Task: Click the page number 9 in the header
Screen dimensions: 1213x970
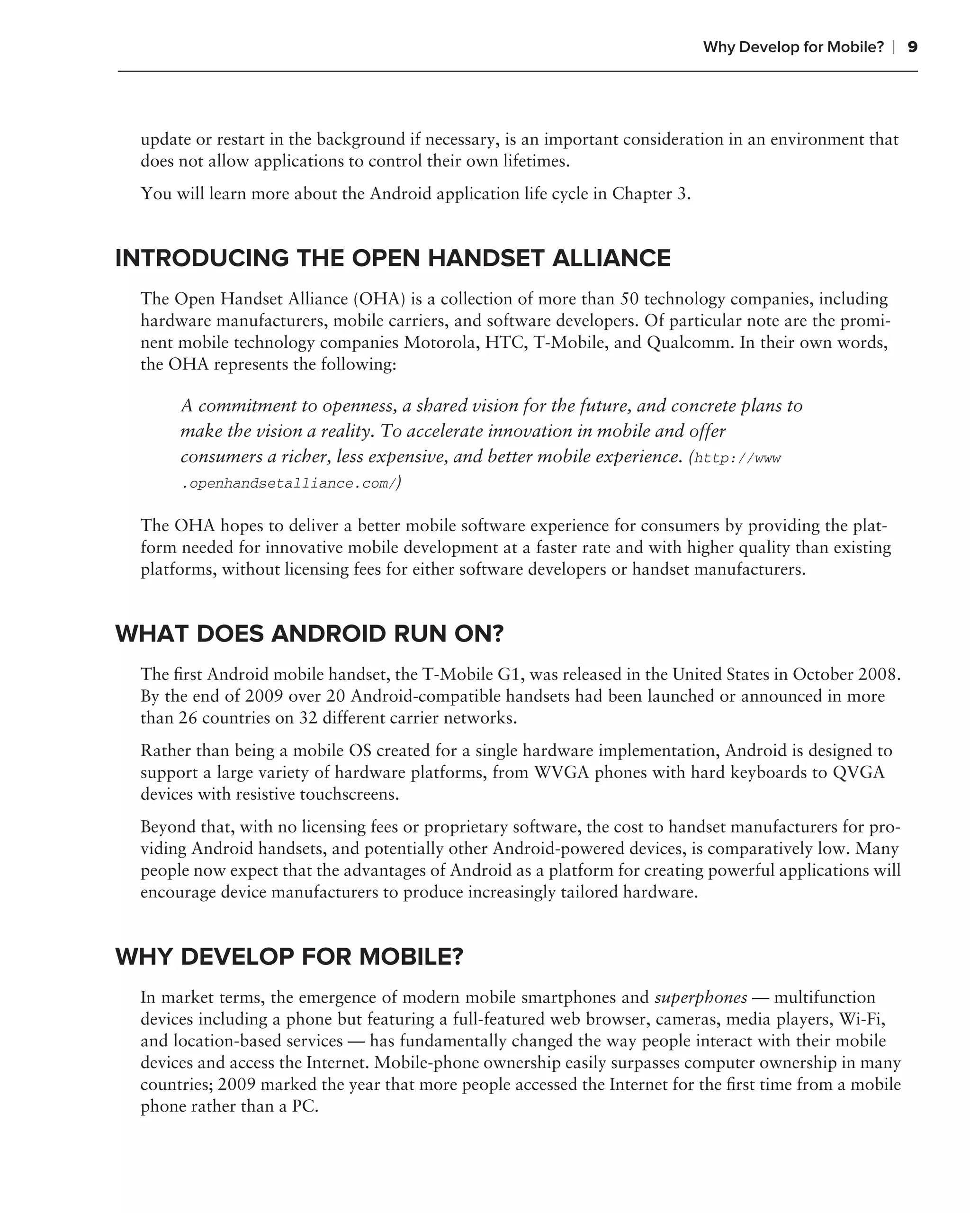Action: point(912,47)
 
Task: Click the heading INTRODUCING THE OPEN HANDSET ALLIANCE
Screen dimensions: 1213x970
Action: point(393,258)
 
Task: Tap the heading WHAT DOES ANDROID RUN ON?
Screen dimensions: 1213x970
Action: point(309,634)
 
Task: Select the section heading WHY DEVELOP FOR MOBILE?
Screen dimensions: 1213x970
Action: point(289,957)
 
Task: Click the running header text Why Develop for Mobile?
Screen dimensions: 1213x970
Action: point(793,47)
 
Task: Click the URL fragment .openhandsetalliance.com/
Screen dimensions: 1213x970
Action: point(288,484)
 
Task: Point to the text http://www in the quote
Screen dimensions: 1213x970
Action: point(737,459)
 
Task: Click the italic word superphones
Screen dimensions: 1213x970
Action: point(701,997)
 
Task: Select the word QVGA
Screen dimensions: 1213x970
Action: point(858,772)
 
